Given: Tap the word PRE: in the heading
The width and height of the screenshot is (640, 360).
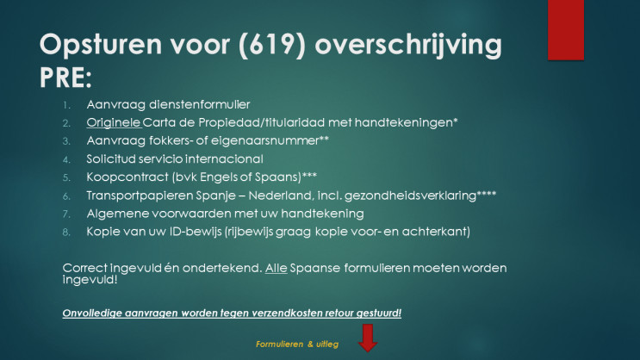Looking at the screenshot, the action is coord(65,78).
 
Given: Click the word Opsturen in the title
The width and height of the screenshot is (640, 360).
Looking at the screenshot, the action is coord(101,45).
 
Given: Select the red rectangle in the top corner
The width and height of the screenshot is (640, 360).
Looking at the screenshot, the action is coord(566,30).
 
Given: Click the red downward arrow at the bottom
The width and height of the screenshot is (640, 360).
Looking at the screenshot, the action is coord(368,338).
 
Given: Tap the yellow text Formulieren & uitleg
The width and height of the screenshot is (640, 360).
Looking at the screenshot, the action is coord(297,344).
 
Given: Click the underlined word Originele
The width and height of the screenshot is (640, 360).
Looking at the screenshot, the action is coord(114,122).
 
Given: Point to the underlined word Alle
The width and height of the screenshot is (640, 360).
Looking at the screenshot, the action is coord(276,268).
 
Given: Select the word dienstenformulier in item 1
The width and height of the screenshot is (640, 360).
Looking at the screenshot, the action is coord(199,104).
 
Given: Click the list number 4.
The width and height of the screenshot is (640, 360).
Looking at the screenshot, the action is coord(66,159).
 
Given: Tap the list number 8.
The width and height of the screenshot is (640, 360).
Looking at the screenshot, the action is coord(66,233).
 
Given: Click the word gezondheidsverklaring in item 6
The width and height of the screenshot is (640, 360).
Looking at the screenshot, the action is coord(410,196).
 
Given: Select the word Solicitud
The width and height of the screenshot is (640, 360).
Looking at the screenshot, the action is coord(110,158).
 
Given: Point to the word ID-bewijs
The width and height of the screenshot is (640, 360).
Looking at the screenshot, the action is coord(196,232).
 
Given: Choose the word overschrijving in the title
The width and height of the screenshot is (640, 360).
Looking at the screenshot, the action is coord(408,45).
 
